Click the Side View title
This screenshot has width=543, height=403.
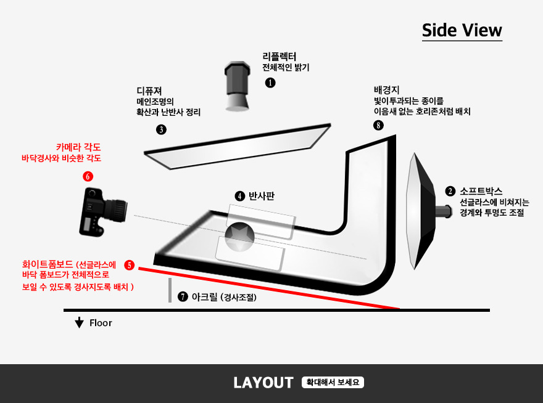click(x=462, y=30)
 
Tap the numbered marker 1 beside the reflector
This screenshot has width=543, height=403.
click(x=270, y=83)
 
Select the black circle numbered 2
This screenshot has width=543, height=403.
click(x=450, y=191)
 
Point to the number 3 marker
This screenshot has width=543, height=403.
click(x=161, y=130)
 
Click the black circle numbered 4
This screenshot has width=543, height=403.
click(x=239, y=197)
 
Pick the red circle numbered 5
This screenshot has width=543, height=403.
click(x=129, y=266)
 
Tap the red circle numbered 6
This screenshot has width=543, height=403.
click(x=88, y=176)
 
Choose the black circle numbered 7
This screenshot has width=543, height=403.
click(x=183, y=297)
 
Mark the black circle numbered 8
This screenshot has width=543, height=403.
click(x=378, y=125)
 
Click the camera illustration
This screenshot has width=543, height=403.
click(x=102, y=212)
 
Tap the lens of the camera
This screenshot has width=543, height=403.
click(x=116, y=210)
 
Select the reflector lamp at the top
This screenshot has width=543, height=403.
click(x=237, y=86)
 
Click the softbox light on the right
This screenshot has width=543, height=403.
click(x=428, y=211)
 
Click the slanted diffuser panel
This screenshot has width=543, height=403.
click(x=238, y=146)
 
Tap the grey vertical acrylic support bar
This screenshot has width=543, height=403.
click(x=170, y=290)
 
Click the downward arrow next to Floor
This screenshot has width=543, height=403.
click(x=80, y=322)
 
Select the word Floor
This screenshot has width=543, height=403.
click(x=101, y=323)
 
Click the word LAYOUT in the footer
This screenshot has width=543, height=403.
click(x=263, y=383)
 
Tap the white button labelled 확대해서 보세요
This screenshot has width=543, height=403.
click(x=333, y=382)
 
